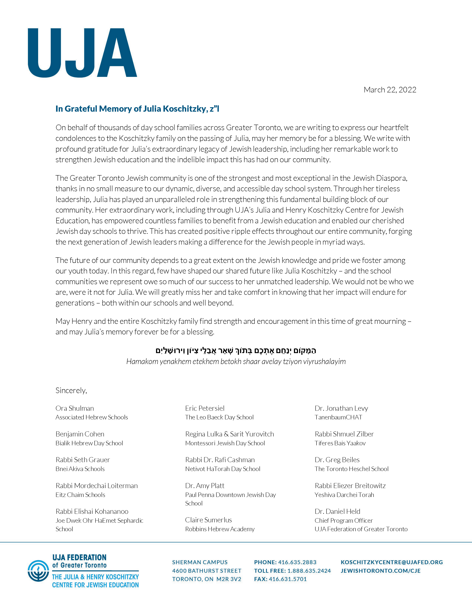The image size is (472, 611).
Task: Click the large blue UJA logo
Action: point(82,53)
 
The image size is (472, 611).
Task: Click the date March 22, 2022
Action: point(390,90)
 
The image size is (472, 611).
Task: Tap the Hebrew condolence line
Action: point(236,350)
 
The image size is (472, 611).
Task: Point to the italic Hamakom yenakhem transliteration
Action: point(236,361)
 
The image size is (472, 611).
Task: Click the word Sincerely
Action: point(71,390)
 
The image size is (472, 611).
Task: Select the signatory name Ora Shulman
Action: point(75,408)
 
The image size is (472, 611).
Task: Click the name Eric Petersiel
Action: point(205,408)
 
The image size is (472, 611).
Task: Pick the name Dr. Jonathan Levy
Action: point(341,408)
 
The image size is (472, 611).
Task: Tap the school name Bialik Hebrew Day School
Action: point(89,443)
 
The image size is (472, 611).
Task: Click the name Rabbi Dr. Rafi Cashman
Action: point(220,460)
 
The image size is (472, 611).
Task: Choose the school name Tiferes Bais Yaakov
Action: point(340,443)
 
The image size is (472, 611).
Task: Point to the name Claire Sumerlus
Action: point(208,520)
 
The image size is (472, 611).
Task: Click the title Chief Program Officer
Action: point(344,521)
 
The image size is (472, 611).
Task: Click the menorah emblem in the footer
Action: point(38,571)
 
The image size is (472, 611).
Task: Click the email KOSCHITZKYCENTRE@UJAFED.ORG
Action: point(392,562)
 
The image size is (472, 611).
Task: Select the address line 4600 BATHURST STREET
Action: point(207,571)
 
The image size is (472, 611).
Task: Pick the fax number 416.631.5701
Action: point(288,579)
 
